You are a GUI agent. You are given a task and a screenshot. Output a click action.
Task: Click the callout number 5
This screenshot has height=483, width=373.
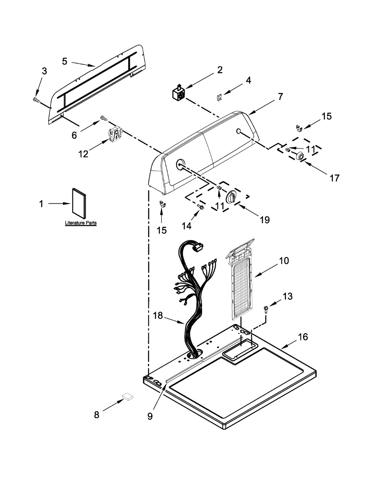64,61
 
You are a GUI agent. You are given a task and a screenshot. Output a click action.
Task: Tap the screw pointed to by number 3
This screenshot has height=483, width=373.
36,100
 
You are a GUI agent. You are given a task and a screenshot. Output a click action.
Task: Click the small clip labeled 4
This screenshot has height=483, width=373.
219,97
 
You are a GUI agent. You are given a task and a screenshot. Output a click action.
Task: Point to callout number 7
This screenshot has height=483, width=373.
280,97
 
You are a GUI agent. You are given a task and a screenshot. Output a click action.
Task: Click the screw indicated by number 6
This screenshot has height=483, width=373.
104,118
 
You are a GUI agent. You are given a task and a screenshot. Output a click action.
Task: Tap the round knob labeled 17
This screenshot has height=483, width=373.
300,155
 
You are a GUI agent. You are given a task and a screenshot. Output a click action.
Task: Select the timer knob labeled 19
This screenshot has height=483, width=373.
231,197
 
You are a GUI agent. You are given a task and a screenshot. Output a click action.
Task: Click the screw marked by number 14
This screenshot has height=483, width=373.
201,207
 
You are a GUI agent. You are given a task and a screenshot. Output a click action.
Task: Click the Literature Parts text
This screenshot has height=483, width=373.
80,223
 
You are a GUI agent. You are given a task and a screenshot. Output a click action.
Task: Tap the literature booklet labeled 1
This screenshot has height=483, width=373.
79,203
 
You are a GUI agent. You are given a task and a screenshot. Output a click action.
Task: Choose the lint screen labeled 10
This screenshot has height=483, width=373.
240,280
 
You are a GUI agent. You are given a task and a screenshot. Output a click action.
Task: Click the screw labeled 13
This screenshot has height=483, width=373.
266,310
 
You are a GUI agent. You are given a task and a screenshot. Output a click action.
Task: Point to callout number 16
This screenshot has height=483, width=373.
303,337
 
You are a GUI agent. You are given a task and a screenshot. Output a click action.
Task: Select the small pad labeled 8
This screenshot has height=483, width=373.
128,396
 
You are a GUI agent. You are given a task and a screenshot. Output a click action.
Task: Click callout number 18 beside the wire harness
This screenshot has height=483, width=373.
158,316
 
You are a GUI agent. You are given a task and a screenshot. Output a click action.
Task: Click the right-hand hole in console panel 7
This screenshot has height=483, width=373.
238,131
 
